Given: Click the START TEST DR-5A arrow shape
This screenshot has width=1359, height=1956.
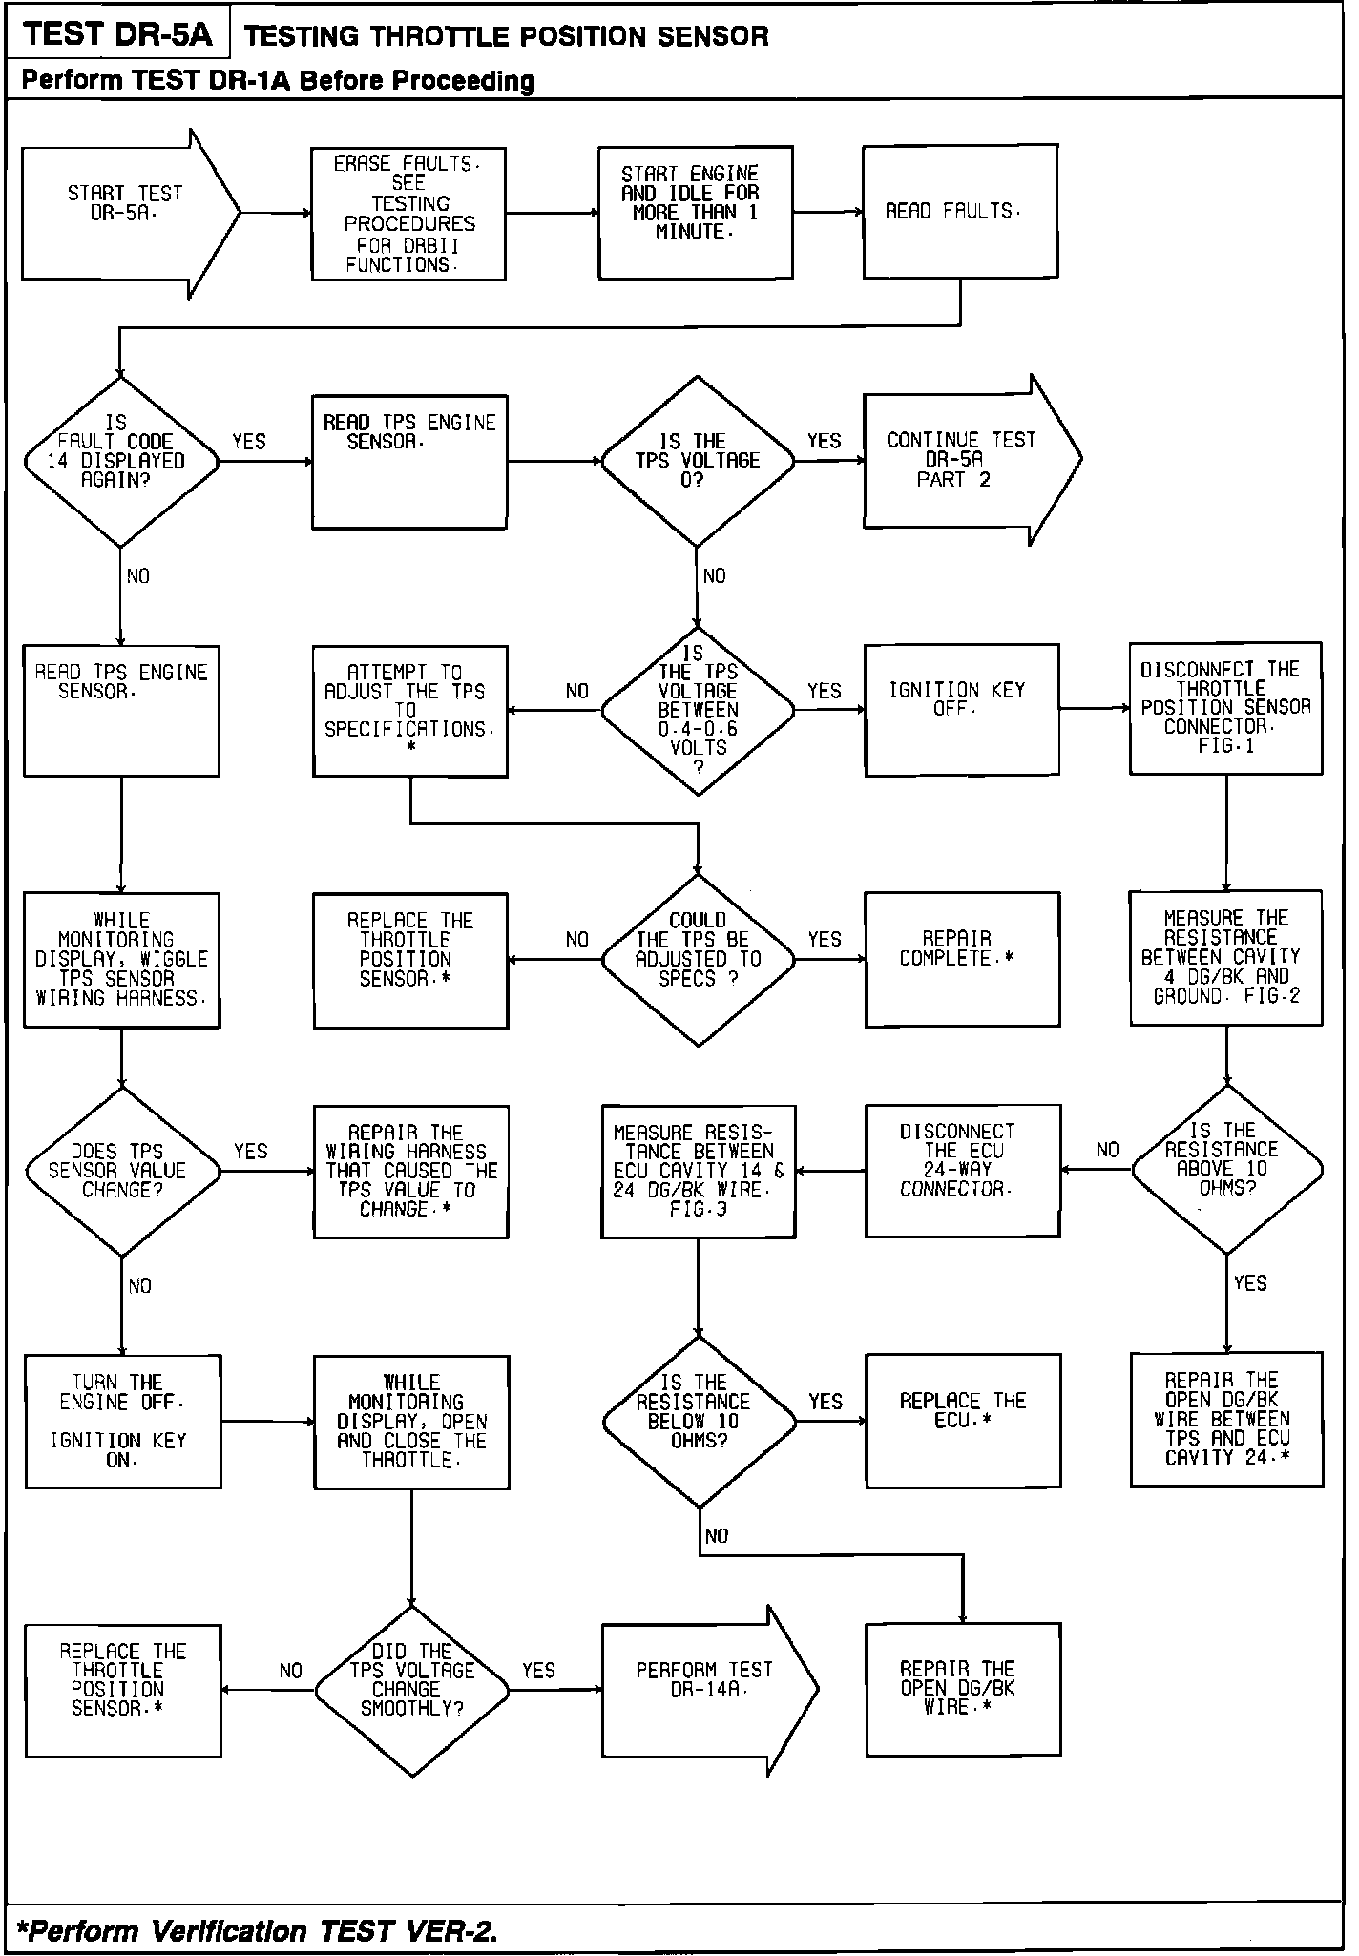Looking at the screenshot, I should pos(124,213).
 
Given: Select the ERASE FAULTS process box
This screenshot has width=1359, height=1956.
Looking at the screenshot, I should pos(408,214).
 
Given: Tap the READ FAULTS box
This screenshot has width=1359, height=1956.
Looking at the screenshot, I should pos(960,212).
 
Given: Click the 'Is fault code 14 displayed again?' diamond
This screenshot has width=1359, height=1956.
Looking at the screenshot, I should pos(120,462).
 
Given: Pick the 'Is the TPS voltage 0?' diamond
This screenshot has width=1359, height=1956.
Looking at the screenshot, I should pos(698,461).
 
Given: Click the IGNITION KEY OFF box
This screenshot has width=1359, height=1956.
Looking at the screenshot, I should pos(961,709).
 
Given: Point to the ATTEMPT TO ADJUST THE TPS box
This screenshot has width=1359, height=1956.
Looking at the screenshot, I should pos(410,711).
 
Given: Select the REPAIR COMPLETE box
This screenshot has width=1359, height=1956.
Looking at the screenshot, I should pos(962,959).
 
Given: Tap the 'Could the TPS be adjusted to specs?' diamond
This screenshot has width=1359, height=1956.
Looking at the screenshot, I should pos(698,959).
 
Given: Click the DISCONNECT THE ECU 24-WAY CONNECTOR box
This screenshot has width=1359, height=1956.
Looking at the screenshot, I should pos(962,1171).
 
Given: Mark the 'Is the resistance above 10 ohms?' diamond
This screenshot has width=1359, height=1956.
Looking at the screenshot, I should pos(1227,1169).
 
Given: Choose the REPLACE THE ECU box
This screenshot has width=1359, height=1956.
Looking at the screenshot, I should pos(963,1420).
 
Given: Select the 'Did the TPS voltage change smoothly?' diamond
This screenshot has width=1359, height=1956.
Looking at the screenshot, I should pos(411,1690).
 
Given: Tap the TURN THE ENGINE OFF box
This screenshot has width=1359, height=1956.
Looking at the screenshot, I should pos(123,1421).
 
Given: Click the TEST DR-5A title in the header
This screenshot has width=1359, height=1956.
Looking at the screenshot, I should pos(117,35).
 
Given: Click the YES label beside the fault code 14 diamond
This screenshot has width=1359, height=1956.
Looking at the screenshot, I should pos(249,442).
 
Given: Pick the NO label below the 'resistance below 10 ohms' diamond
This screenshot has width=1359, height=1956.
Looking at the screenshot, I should pos(717,1536).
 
